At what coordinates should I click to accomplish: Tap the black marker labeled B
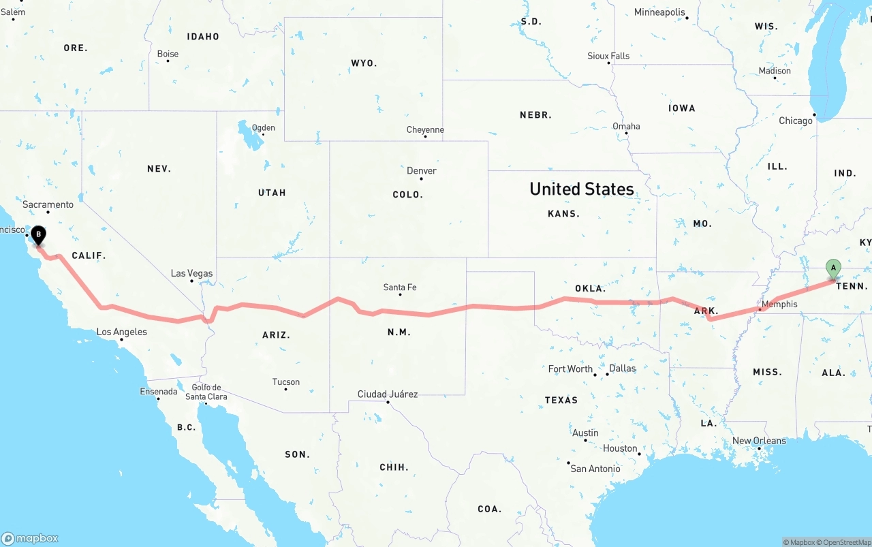click(x=39, y=236)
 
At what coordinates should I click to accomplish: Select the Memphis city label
click(x=779, y=304)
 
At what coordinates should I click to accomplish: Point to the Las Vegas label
click(x=191, y=273)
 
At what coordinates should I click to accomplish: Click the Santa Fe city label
click(x=400, y=287)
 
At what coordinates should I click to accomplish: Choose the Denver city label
click(x=422, y=170)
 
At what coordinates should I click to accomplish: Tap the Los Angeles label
click(x=121, y=332)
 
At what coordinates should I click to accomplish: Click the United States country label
click(x=582, y=189)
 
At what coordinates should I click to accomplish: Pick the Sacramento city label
click(x=48, y=204)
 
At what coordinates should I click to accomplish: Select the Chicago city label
click(x=796, y=121)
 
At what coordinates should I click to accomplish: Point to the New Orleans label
click(x=759, y=441)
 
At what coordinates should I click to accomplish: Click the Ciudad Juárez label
click(x=388, y=394)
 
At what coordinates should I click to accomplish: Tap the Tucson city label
click(x=286, y=381)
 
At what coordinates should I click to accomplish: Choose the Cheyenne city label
click(x=425, y=129)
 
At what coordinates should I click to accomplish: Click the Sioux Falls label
click(x=608, y=56)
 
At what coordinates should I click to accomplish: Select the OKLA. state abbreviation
click(x=590, y=288)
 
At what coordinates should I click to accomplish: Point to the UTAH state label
click(x=272, y=193)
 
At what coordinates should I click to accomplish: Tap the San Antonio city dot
click(x=568, y=463)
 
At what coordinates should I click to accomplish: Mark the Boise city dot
click(x=168, y=61)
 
